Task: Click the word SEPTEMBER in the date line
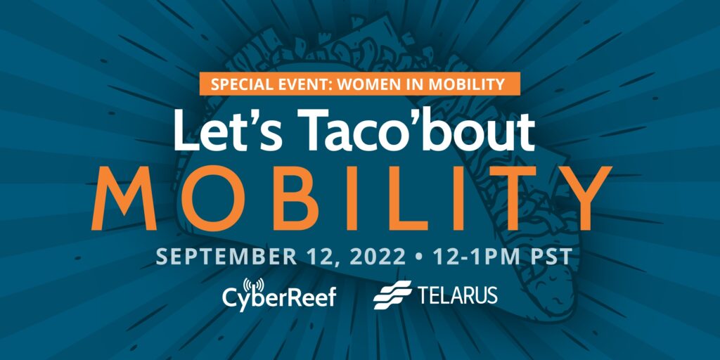(x=227, y=257)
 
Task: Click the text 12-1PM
(x=475, y=257)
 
